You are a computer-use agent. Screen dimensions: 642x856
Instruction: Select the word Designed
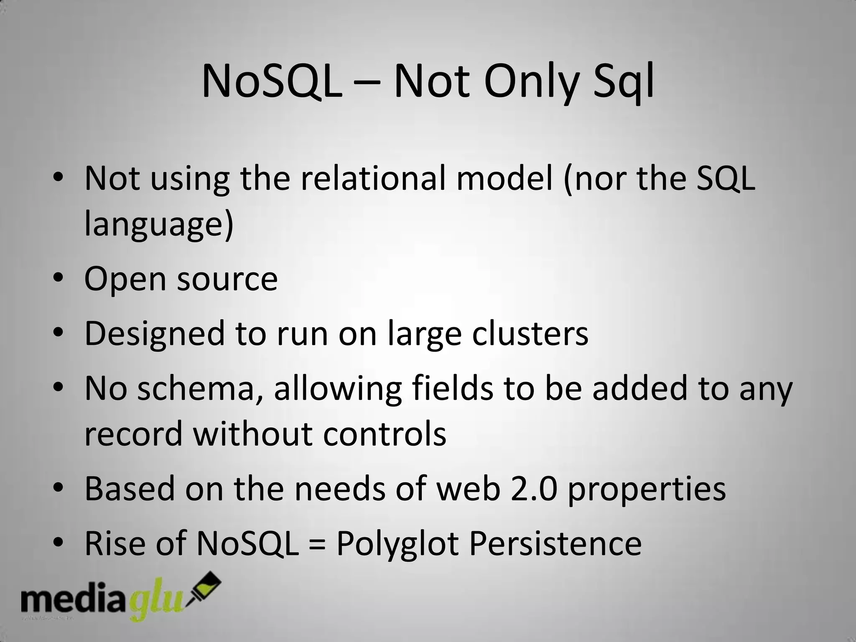[155, 334]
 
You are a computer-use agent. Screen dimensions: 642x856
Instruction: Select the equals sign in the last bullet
[318, 544]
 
